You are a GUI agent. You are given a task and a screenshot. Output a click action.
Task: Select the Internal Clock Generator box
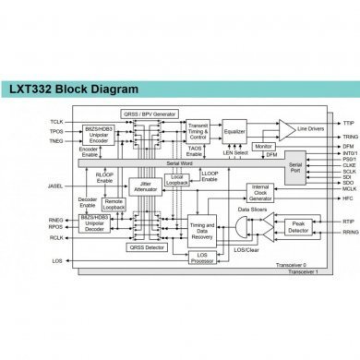coord(259,193)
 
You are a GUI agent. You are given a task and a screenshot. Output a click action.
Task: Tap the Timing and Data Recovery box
coord(202,229)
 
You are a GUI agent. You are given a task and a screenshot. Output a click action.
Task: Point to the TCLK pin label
coord(56,122)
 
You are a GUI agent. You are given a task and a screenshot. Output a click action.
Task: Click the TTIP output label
coord(322,122)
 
